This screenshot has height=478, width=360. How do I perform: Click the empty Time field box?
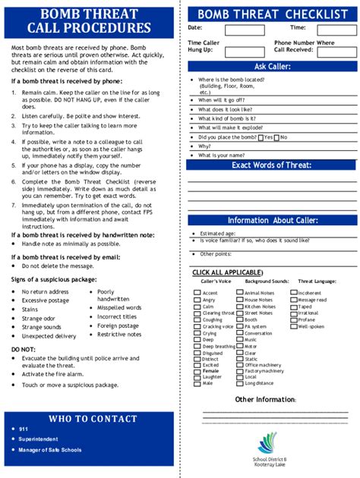(x=331, y=30)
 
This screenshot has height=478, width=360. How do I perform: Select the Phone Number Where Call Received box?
(x=335, y=51)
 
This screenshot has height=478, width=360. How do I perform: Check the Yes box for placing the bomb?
(x=261, y=137)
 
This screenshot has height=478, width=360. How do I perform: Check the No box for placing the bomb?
(x=277, y=137)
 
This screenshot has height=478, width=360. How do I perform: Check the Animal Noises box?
(x=241, y=293)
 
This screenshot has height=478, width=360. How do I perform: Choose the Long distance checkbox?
(x=241, y=383)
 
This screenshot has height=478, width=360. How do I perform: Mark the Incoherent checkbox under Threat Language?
(x=294, y=293)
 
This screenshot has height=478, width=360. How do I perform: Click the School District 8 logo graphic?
(x=268, y=443)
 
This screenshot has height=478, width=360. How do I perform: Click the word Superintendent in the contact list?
(x=42, y=438)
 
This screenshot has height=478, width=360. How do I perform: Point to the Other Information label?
(x=265, y=399)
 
